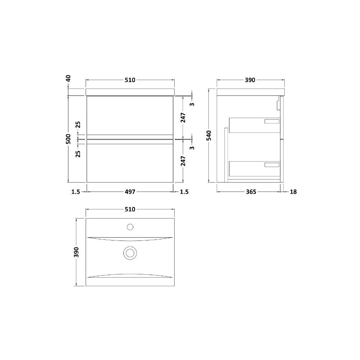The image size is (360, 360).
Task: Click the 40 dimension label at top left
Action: [68, 78]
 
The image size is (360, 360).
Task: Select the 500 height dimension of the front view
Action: [68, 139]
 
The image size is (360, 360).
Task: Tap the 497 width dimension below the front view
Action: [130, 192]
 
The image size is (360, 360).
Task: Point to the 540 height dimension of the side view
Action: [209, 135]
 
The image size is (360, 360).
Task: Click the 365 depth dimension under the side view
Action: [251, 192]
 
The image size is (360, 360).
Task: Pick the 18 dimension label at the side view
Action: [293, 192]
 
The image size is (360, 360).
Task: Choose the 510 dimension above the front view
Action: [130, 80]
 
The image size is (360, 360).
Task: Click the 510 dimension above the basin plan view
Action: [130, 209]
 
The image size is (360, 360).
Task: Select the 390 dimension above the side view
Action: [250, 80]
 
